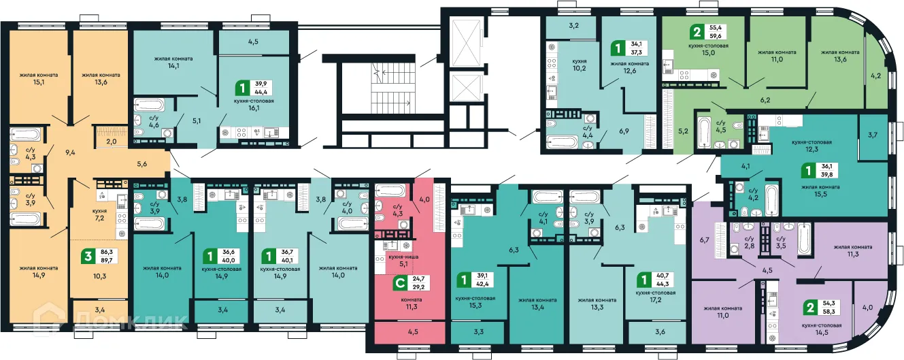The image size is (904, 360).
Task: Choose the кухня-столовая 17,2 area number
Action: (x=655, y=299)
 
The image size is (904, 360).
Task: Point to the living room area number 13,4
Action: (x=537, y=305)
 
